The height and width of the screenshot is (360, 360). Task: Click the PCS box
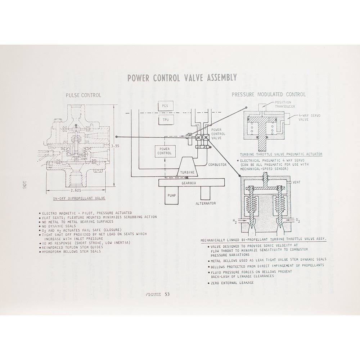click(x=166, y=106)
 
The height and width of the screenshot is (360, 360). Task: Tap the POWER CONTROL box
click(x=165, y=151)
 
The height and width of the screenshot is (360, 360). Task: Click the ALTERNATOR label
click(x=206, y=203)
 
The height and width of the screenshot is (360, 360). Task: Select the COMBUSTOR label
click(x=217, y=165)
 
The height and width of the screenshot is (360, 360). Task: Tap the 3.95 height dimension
click(x=115, y=146)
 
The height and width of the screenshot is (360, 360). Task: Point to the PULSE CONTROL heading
click(x=83, y=95)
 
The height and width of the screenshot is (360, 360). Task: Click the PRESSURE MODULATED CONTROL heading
click(x=269, y=94)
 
